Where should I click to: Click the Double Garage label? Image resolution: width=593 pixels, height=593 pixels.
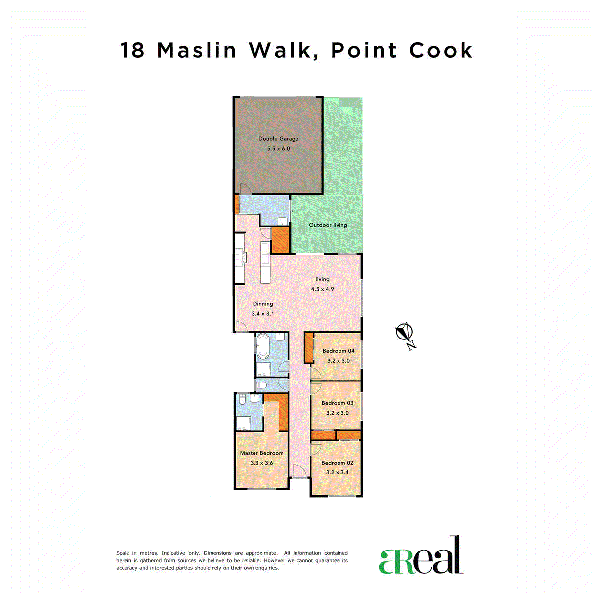(278, 139)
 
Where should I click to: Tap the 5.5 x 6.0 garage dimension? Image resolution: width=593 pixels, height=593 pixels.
(278, 149)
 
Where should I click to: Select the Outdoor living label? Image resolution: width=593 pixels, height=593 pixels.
(328, 225)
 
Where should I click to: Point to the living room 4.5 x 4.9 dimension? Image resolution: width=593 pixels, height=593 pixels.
(322, 289)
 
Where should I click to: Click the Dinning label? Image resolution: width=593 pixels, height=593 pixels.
(263, 304)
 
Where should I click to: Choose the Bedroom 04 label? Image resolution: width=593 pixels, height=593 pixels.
(338, 351)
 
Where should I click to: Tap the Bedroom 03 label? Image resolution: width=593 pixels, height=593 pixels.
(338, 403)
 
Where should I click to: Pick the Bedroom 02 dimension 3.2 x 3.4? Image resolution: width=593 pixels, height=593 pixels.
(338, 472)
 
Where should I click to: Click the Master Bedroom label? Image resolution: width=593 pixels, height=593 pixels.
(261, 453)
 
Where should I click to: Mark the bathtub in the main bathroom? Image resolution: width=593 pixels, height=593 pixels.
(263, 347)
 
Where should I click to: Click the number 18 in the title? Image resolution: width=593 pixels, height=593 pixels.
(132, 50)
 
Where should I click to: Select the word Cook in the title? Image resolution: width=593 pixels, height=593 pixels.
(441, 50)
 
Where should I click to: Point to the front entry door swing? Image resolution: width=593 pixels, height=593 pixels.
(299, 471)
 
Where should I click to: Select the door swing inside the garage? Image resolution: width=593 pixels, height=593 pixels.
(246, 189)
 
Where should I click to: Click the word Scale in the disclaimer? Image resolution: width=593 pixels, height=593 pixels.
(123, 553)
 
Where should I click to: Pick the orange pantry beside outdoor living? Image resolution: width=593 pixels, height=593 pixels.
(281, 240)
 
